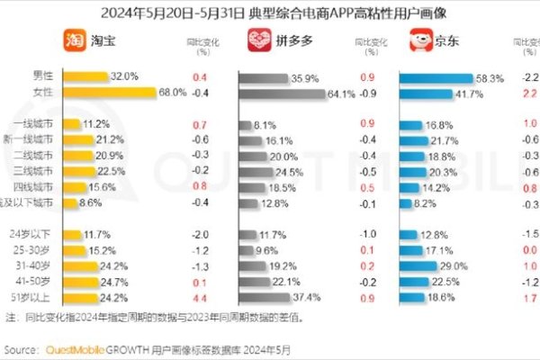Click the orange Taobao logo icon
click(x=75, y=41)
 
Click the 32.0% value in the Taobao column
click(x=124, y=78)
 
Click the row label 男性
click(x=41, y=78)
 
